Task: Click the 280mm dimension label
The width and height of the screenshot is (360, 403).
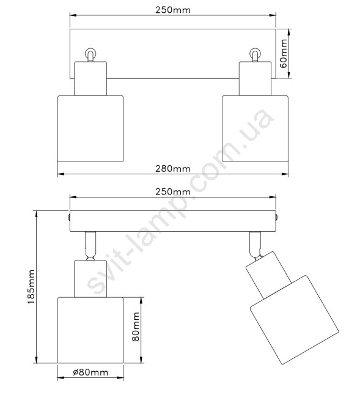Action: coord(173,169)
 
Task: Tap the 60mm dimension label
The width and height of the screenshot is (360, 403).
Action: coord(284,53)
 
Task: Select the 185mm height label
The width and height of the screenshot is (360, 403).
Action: coord(31,287)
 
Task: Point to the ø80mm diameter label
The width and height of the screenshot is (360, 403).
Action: coord(90,372)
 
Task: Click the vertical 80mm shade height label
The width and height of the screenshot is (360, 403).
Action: coord(136,327)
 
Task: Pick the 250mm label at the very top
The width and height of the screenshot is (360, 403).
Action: coord(173,10)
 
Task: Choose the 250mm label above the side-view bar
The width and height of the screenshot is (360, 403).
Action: coord(173,192)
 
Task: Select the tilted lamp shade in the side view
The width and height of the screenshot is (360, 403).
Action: coord(295,320)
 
